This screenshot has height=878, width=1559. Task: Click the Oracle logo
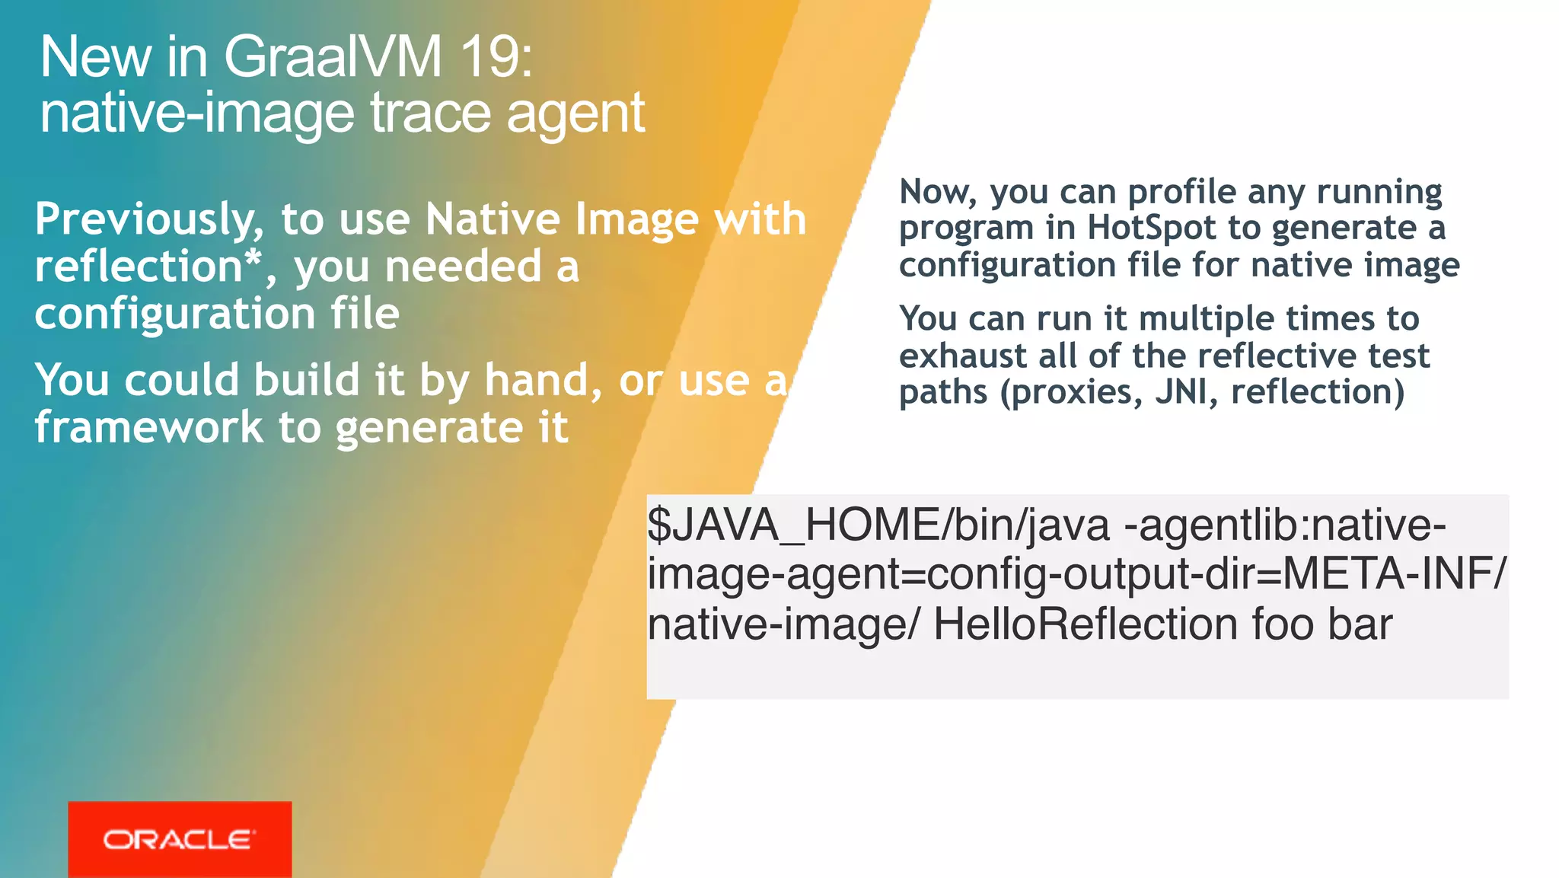180,839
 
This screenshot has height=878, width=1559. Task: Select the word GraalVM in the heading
332,57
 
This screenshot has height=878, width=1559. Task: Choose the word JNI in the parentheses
1181,392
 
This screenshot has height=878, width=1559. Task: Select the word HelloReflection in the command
1086,624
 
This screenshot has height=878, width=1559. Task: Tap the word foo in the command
1283,624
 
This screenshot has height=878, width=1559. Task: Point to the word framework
148,427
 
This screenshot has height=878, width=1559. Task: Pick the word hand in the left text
537,380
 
